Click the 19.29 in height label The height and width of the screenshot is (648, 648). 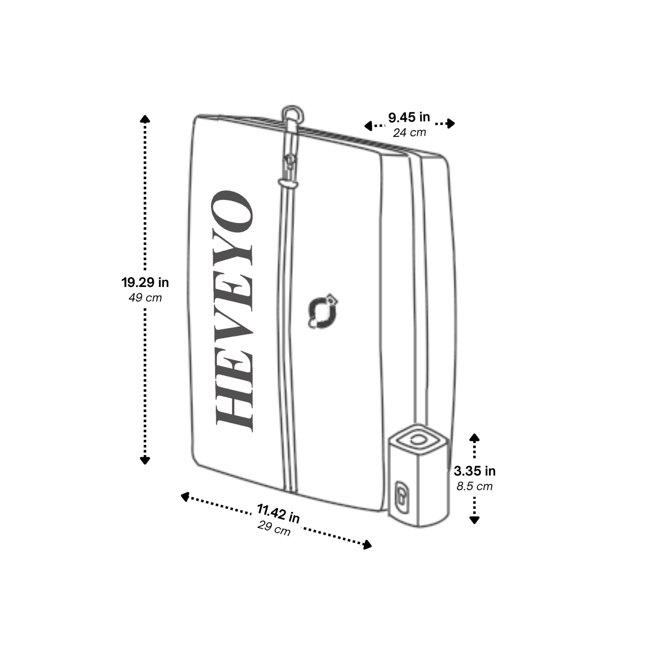(x=145, y=283)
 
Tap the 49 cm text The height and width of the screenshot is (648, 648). (x=145, y=298)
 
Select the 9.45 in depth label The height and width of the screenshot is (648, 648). (x=409, y=117)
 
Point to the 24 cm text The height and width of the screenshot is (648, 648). (x=409, y=133)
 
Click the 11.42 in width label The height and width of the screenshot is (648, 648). (x=278, y=513)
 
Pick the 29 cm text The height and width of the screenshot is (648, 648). (x=274, y=528)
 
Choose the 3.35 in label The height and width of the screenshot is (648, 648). (x=474, y=471)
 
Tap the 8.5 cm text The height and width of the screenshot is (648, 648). (x=474, y=486)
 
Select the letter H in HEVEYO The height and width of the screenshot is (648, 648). (x=234, y=404)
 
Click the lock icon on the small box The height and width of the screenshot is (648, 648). (x=402, y=496)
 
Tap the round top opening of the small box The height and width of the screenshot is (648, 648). (x=418, y=439)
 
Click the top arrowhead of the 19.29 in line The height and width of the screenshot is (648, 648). (x=145, y=118)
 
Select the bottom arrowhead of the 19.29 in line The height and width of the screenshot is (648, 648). (x=145, y=461)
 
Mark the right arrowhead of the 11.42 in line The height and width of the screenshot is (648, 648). (x=367, y=545)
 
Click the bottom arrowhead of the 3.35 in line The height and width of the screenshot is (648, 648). (x=474, y=520)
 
